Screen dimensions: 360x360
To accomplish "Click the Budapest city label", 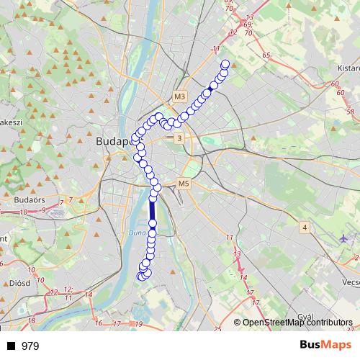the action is click(x=112, y=142).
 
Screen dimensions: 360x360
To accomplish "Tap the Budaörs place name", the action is click(x=30, y=196).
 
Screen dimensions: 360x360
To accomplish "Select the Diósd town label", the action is click(x=19, y=283).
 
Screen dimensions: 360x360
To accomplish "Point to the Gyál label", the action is click(x=307, y=316).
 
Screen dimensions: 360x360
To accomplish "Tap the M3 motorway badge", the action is click(x=179, y=96).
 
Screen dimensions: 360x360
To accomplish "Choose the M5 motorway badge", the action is click(x=183, y=184).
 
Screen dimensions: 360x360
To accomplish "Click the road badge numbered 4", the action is click(x=305, y=228).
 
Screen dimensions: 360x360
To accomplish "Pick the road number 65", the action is click(x=266, y=55).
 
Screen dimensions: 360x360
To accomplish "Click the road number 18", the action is click(x=31, y=321).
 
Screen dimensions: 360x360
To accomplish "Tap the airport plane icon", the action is click(x=344, y=237).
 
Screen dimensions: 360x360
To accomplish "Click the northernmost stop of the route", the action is click(x=225, y=64).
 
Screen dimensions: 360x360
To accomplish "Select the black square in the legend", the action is click(x=11, y=346).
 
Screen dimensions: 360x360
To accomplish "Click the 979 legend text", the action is click(x=30, y=346).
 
